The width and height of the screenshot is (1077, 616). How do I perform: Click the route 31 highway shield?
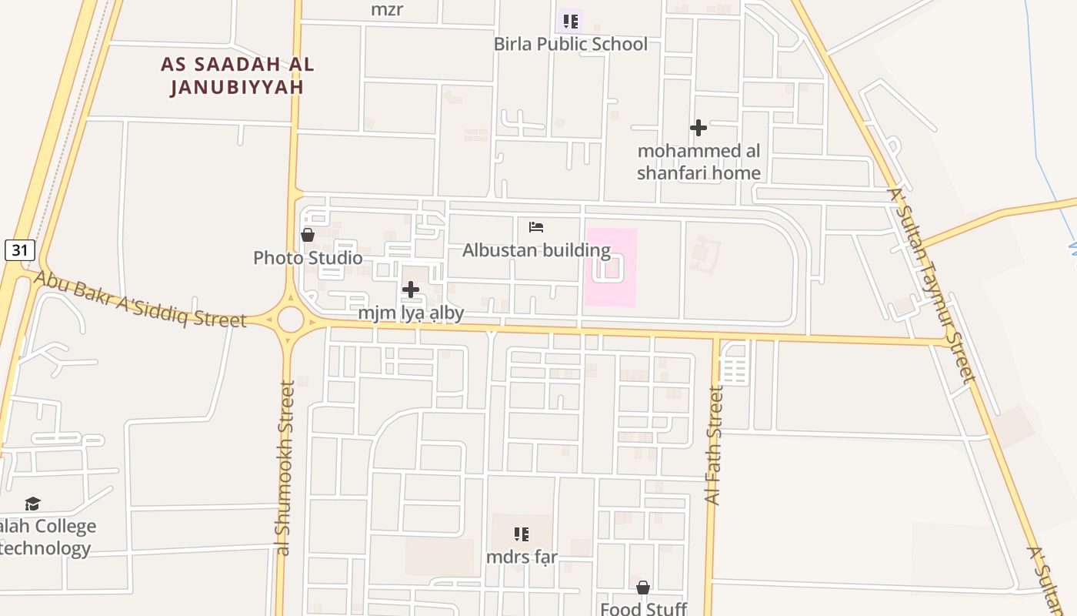[19, 249]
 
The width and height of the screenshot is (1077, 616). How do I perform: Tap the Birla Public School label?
[570, 44]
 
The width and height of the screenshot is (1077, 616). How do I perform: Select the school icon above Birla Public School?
[570, 22]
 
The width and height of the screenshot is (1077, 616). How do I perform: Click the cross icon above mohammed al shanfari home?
[699, 127]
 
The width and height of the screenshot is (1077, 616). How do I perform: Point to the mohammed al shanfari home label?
[699, 162]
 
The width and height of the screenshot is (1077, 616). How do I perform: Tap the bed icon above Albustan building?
[536, 227]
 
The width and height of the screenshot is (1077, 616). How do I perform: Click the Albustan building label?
[536, 250]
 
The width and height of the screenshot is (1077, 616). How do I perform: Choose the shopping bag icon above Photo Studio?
[308, 235]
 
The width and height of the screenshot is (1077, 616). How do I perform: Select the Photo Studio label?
[308, 258]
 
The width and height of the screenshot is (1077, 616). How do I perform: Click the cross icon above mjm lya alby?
[411, 290]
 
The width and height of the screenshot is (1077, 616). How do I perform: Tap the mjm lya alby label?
[411, 313]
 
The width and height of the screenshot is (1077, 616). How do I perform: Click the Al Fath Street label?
[715, 447]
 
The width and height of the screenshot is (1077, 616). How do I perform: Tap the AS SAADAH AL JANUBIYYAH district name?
[237, 75]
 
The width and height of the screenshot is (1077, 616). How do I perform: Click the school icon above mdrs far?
[522, 534]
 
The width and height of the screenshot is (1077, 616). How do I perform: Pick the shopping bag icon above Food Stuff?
[643, 588]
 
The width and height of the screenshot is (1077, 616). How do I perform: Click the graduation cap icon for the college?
[32, 504]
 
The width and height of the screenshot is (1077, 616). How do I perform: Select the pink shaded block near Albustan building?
[611, 266]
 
